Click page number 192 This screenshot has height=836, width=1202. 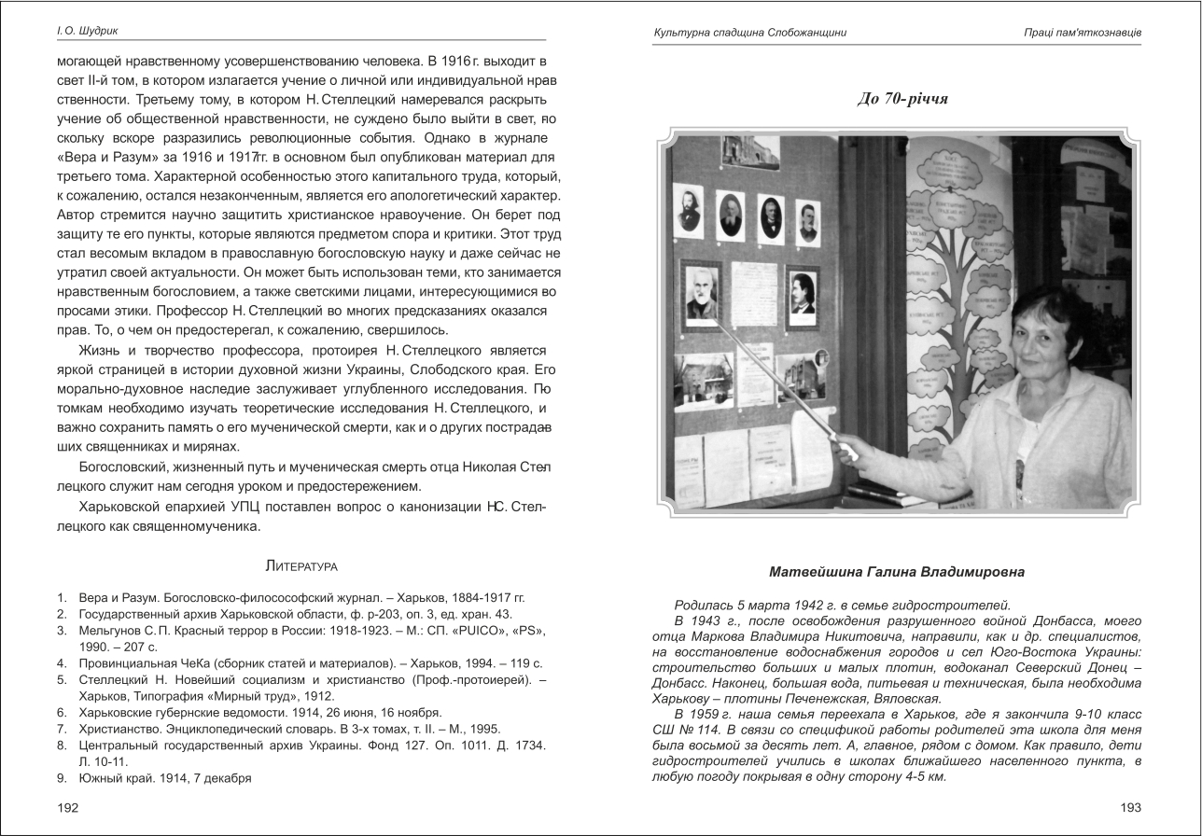coord(67,808)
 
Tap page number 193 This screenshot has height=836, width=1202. coord(1130,808)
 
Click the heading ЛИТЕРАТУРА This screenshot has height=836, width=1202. coord(301,566)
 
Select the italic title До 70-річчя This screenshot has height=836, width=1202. coord(901,98)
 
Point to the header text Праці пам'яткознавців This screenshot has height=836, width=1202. coord(1082,33)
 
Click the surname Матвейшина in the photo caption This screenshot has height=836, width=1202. coord(817,571)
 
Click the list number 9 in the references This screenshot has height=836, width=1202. coord(61,777)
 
